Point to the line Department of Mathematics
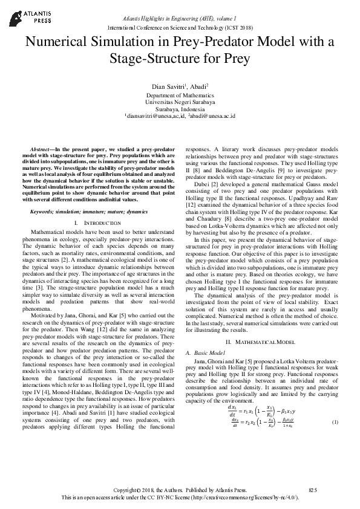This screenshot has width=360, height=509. (180, 96)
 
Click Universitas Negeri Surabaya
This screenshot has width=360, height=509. (180, 102)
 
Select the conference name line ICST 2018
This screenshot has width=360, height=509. (180, 28)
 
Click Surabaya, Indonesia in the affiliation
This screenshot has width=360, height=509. (180, 109)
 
